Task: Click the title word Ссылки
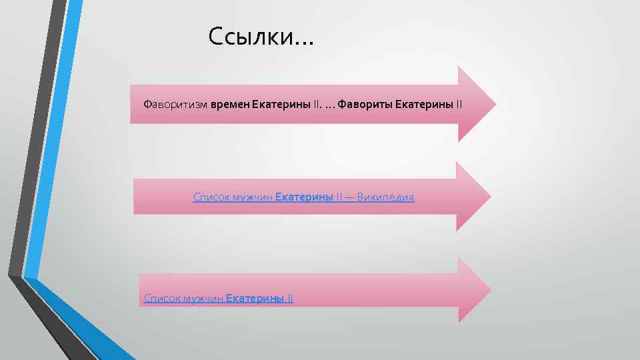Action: tap(250, 37)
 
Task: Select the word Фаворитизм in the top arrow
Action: tap(176, 105)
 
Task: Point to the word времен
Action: tap(230, 105)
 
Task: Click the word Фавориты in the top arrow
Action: tap(365, 105)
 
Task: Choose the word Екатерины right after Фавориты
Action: tap(425, 105)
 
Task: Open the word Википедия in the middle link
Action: tap(386, 197)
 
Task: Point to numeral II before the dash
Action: tap(339, 197)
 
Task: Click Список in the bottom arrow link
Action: tap(159, 298)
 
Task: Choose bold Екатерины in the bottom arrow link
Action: tap(255, 298)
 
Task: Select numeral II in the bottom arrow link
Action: tap(289, 298)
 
